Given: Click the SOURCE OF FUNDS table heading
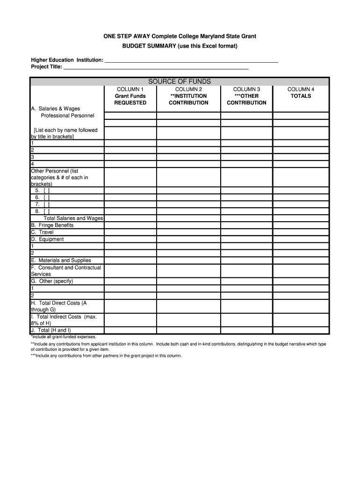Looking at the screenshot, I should pyautogui.click(x=180, y=81).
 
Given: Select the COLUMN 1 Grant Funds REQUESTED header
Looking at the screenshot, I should pyautogui.click(x=130, y=96).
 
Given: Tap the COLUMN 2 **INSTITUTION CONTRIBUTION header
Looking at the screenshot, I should pyautogui.click(x=188, y=96).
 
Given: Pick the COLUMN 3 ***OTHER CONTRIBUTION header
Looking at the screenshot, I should pyautogui.click(x=246, y=96).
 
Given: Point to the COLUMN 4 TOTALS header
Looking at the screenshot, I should pyautogui.click(x=301, y=93).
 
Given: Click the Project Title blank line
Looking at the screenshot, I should pyautogui.click(x=156, y=67).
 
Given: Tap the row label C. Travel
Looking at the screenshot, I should pyautogui.click(x=43, y=232).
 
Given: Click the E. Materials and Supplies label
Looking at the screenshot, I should pyautogui.click(x=61, y=260).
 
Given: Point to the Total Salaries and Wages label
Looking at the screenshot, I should pyautogui.click(x=73, y=218).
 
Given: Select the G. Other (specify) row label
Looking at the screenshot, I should pyautogui.click(x=52, y=281).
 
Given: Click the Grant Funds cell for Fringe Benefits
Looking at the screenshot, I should pyautogui.click(x=130, y=225).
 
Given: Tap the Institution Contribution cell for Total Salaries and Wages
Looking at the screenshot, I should pyautogui.click(x=188, y=218).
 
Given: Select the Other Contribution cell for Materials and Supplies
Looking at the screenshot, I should pyautogui.click(x=246, y=260).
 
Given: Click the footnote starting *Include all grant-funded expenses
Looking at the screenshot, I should pyautogui.click(x=64, y=337).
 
